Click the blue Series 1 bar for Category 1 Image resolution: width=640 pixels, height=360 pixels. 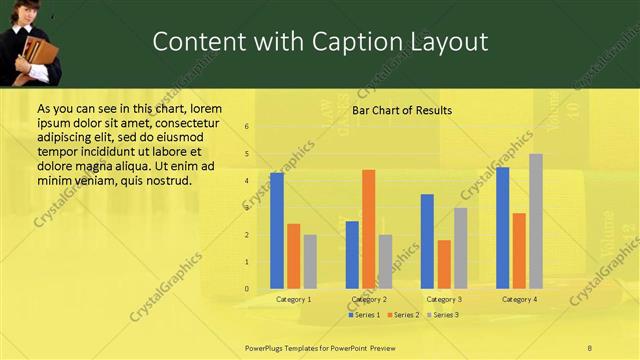click(277, 230)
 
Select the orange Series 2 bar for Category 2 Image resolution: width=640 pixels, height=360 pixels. click(369, 229)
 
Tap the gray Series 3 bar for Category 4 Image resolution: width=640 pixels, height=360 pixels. click(536, 221)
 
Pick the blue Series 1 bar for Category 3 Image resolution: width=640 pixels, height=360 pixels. click(427, 241)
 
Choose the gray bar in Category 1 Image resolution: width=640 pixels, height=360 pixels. click(310, 261)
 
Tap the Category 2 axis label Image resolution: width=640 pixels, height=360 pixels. click(369, 299)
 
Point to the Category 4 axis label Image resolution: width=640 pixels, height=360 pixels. click(519, 299)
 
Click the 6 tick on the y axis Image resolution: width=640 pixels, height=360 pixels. click(247, 127)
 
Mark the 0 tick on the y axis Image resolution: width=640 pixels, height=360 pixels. click(247, 289)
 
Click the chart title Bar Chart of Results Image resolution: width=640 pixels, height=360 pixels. click(402, 110)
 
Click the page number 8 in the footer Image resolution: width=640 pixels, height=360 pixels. click(590, 347)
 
